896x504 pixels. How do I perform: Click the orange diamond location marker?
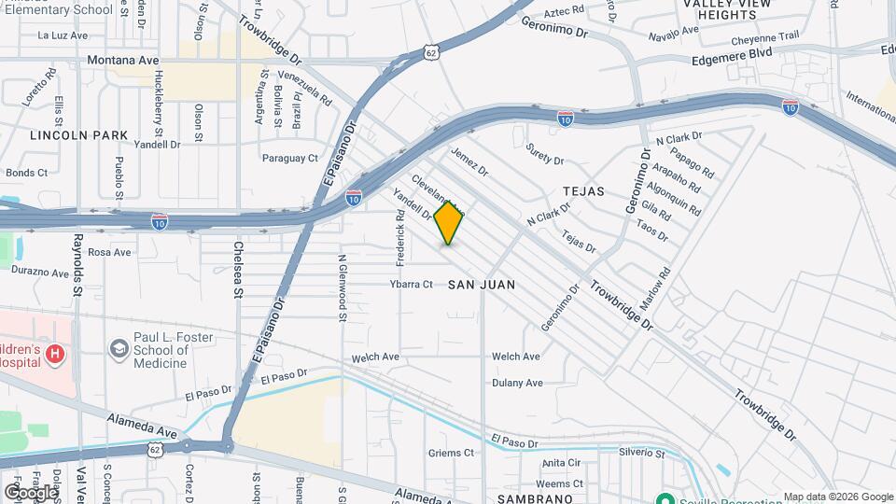pos(449,222)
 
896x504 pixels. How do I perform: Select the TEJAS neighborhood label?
pos(583,191)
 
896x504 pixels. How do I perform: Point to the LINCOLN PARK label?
pos(78,135)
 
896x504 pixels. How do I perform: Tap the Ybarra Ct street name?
pos(412,284)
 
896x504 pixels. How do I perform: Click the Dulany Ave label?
pos(517,383)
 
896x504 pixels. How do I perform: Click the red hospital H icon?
pos(55,354)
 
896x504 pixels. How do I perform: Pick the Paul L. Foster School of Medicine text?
pos(161,350)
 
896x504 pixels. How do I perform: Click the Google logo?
pos(31,492)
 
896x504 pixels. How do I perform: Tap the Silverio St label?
pos(641,454)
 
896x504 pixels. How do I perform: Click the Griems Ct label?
pos(452,454)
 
